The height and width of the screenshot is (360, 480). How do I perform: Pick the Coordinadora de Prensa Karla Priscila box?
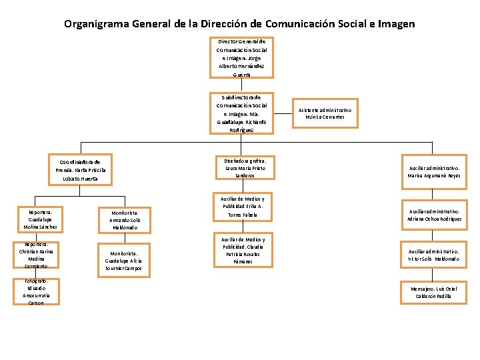pos(80,170)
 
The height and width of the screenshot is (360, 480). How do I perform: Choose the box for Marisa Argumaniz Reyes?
pos(434,171)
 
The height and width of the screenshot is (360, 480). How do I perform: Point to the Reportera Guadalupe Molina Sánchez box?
pos(41,219)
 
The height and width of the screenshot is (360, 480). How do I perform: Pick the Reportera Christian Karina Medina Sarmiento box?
pos(41,255)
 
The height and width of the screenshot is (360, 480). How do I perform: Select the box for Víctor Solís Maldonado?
pos(434,255)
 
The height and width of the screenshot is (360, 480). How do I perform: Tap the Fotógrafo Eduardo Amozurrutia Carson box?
pos(41,292)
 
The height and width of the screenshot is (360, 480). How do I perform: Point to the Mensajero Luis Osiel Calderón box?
pos(434,292)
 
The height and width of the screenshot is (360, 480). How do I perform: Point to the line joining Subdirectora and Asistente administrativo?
pos(283,113)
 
